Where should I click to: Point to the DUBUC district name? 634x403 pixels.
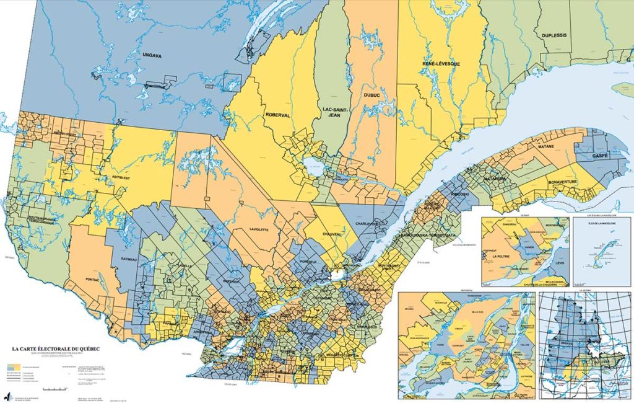(371, 95)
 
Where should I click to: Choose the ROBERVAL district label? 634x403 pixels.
(278, 115)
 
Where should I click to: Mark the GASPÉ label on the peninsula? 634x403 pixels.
(601, 151)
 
